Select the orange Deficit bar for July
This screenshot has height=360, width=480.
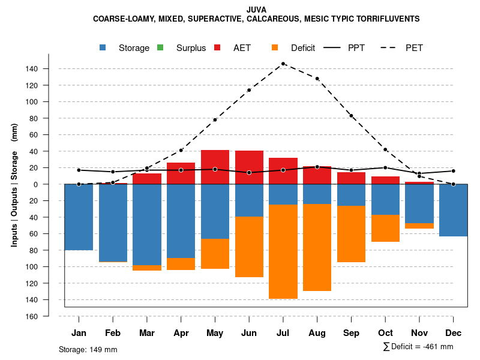[283, 251]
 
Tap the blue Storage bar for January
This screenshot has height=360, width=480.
[79, 217]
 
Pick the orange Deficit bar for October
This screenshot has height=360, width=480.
[385, 228]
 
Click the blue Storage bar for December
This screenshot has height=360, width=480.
[453, 210]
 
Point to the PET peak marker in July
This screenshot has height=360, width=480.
[283, 64]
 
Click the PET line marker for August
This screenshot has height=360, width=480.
[317, 79]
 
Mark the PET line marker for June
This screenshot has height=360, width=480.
[249, 90]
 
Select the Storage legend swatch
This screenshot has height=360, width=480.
[103, 48]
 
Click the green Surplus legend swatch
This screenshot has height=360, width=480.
[160, 48]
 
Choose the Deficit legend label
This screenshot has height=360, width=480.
[303, 48]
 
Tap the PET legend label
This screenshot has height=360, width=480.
[415, 48]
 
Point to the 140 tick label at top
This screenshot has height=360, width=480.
[32, 69]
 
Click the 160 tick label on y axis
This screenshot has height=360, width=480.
[32, 316]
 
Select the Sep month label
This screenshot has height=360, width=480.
[352, 333]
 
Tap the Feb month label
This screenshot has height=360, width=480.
[113, 333]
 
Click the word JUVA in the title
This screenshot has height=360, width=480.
[256, 10]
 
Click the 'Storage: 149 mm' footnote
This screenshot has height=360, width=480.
[88, 349]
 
